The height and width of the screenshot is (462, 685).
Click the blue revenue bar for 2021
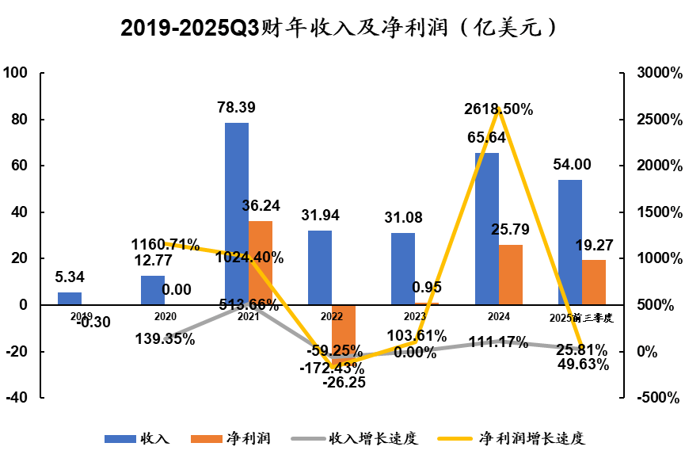click(x=237, y=214)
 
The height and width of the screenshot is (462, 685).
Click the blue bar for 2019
click(x=70, y=299)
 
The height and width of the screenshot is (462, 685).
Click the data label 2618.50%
click(x=498, y=109)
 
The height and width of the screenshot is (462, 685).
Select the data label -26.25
click(x=344, y=382)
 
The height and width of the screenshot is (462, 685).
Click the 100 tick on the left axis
click(x=16, y=74)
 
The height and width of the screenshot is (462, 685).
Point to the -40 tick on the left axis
click(x=16, y=398)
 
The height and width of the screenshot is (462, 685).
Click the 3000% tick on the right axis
click(x=659, y=74)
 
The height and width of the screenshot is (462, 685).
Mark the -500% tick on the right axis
click(x=659, y=398)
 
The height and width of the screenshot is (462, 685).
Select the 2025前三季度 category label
click(x=581, y=317)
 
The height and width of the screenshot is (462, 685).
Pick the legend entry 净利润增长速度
click(x=537, y=438)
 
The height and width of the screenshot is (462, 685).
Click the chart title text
click(x=342, y=29)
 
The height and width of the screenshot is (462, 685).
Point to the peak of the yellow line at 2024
click(x=498, y=110)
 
